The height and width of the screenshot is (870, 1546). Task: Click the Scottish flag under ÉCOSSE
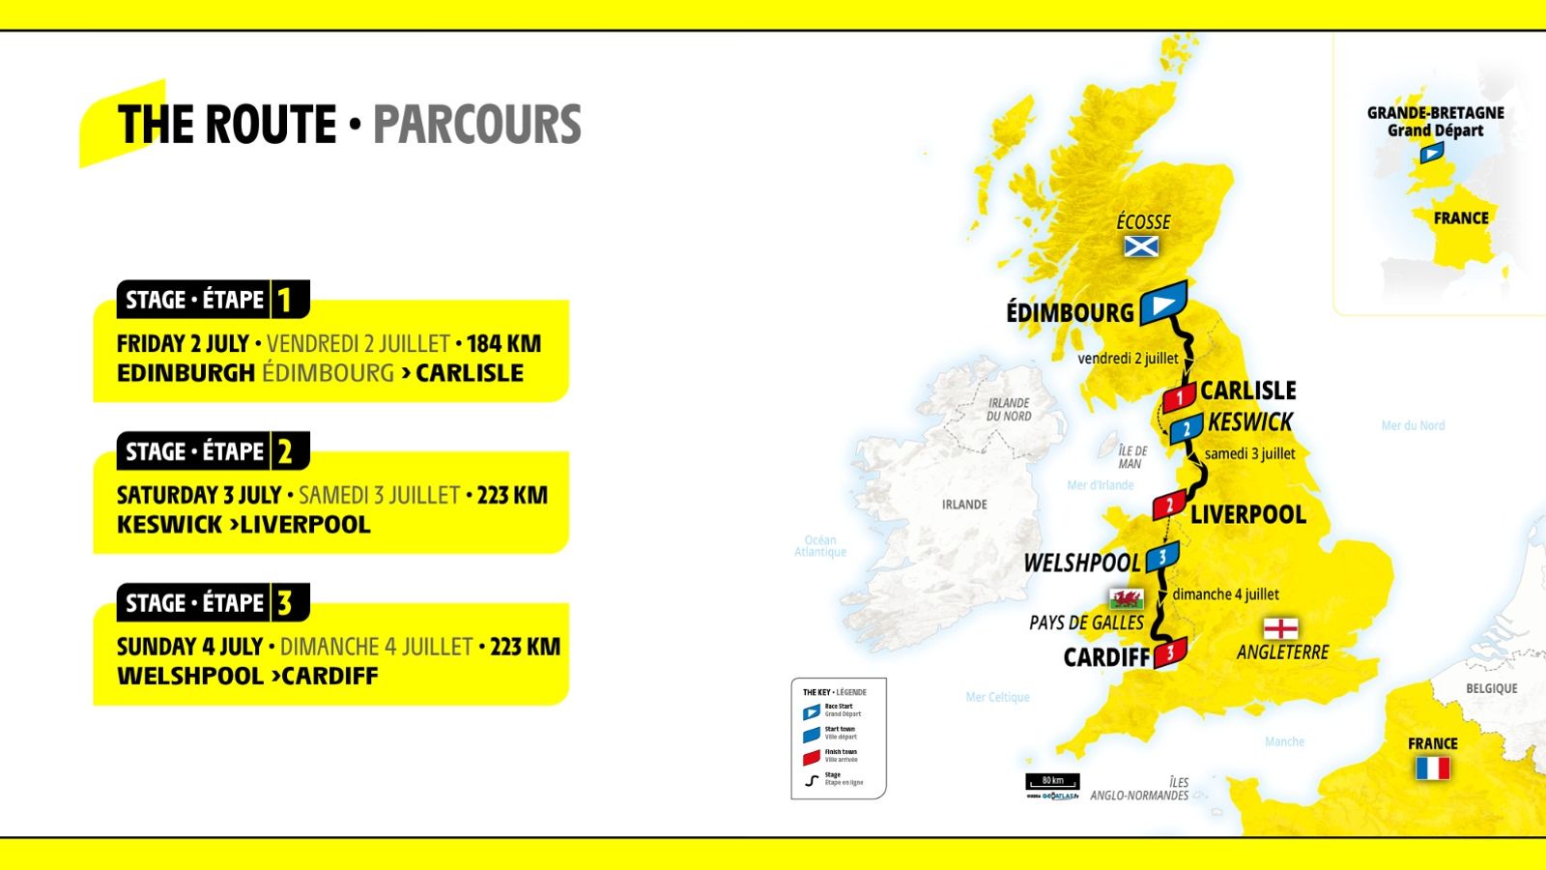1141,246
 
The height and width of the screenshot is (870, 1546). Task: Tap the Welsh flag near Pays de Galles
1126,598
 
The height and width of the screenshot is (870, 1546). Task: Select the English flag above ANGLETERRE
1280,628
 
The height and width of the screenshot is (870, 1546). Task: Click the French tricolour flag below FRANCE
1432,768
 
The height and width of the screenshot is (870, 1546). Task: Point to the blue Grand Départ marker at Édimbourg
1163,304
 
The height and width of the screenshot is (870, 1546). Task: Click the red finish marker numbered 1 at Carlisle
1179,397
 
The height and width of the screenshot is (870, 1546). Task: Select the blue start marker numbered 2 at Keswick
1187,428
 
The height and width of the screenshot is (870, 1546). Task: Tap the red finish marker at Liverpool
1169,505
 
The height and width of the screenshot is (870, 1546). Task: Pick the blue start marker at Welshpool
1162,557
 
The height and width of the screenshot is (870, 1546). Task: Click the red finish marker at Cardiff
1170,652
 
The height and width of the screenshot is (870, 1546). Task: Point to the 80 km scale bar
1052,781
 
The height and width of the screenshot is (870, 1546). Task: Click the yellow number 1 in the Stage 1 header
284,301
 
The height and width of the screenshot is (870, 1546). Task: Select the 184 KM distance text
503,344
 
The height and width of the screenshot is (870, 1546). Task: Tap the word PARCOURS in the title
477,125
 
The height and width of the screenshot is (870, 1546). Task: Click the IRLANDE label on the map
964,505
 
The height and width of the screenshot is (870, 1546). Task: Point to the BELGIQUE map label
1491,688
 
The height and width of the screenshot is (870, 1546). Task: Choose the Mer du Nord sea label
1413,425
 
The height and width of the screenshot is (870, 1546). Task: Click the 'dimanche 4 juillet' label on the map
1225,594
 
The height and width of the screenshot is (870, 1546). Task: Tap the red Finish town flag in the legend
812,757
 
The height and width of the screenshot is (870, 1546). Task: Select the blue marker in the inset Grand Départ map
1432,153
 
